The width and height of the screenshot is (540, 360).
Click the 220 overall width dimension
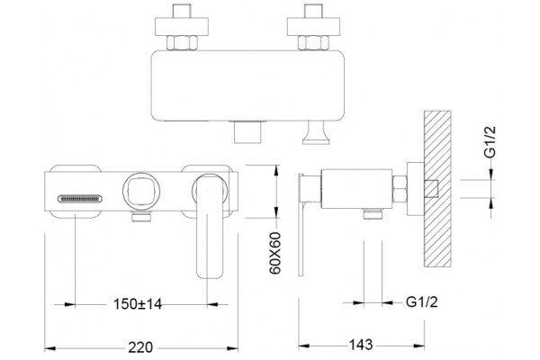140,346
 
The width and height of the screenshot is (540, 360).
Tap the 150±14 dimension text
138,304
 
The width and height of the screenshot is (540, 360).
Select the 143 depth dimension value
361,344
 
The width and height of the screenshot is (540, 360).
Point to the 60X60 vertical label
275,253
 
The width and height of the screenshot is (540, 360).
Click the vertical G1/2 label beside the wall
490,142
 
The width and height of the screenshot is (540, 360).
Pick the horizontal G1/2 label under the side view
422,301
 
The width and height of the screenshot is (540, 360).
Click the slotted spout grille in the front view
80,199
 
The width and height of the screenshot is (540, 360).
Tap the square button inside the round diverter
141,191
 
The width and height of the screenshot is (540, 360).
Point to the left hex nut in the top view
182,42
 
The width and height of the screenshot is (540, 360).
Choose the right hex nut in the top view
313,42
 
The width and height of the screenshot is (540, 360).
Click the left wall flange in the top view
182,26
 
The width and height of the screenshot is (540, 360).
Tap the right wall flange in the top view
313,26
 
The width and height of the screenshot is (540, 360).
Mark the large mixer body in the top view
247,85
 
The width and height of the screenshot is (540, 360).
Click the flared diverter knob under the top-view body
316,133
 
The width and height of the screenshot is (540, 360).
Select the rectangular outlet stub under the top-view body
247,132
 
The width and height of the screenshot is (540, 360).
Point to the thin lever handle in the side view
301,225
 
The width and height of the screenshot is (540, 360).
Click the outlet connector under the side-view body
373,214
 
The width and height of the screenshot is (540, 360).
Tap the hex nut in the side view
400,189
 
